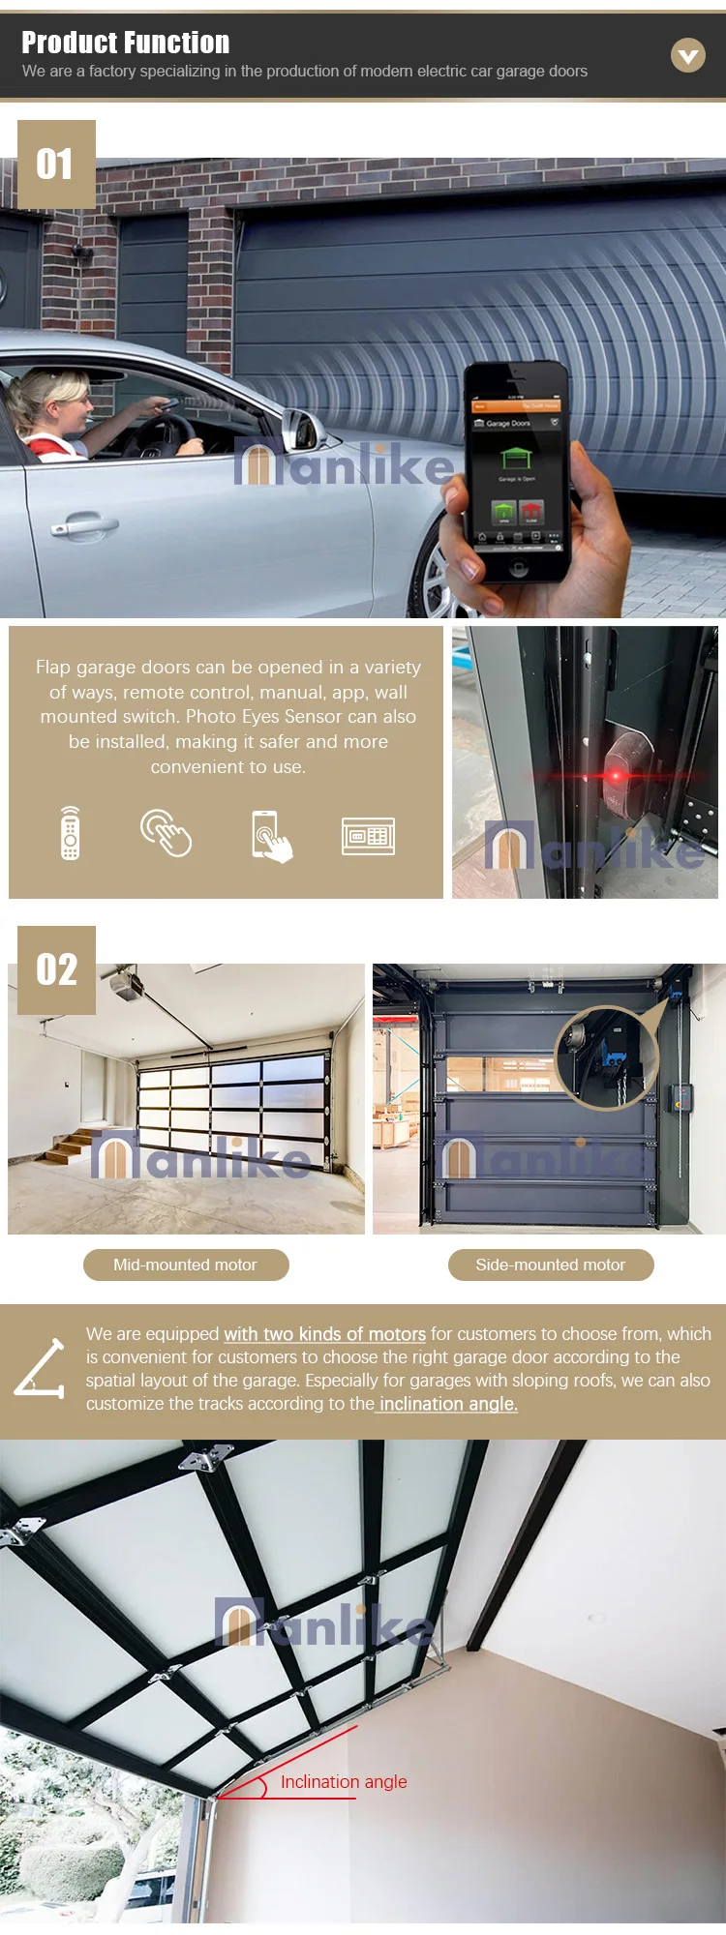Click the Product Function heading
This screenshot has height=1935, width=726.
(x=126, y=43)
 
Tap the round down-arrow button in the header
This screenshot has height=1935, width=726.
(x=688, y=56)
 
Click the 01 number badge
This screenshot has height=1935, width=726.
(x=56, y=164)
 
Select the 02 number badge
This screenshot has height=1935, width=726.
(x=56, y=969)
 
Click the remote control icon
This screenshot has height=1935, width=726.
(x=70, y=833)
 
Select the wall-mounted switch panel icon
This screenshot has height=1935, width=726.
(x=368, y=836)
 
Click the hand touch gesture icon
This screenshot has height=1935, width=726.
(x=166, y=833)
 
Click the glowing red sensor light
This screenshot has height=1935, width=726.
(x=616, y=775)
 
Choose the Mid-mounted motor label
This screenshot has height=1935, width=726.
(x=186, y=1265)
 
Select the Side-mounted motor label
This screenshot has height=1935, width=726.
(x=551, y=1265)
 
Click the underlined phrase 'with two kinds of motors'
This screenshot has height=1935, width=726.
(x=324, y=1334)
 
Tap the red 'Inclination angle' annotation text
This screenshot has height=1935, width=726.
(x=344, y=1781)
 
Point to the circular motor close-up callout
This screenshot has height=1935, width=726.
(x=605, y=1057)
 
